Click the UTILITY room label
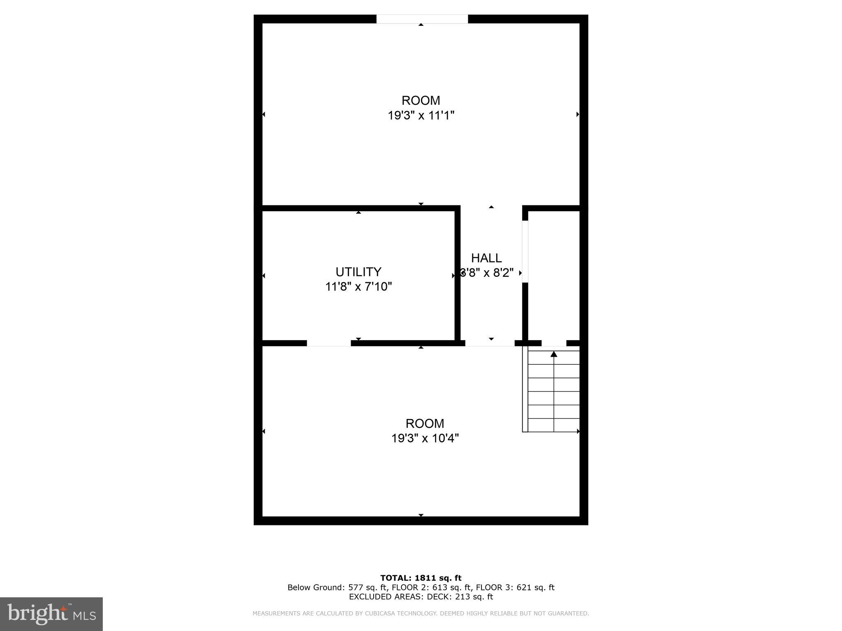[358, 272]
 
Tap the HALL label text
[486, 258]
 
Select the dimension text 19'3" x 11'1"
[421, 115]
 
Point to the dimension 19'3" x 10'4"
[425, 438]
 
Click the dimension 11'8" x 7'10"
[358, 286]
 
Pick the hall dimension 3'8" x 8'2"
[487, 273]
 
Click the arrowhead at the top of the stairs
[554, 354]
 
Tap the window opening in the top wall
[422, 19]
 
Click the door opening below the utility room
[328, 343]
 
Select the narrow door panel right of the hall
[525, 251]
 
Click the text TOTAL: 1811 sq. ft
[421, 578]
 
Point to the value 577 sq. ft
[368, 587]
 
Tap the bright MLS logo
[51, 614]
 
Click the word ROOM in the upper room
[421, 101]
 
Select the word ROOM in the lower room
[425, 424]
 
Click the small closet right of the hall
[554, 275]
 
